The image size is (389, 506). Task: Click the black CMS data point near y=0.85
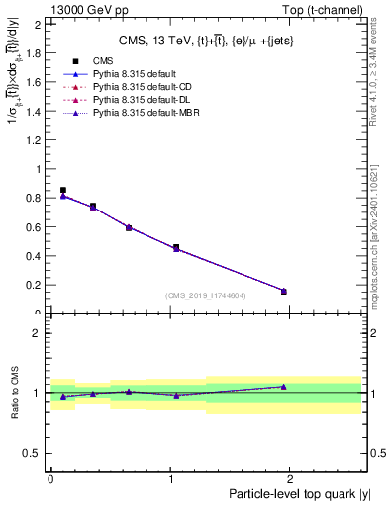point(63,190)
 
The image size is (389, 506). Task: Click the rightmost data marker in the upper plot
point(284,291)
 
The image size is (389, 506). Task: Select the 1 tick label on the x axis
point(172,479)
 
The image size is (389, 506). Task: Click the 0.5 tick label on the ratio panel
point(34,453)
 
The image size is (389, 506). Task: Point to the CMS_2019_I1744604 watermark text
point(206,295)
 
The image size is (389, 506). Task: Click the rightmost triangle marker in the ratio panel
point(284,387)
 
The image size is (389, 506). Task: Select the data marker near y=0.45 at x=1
point(176,247)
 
